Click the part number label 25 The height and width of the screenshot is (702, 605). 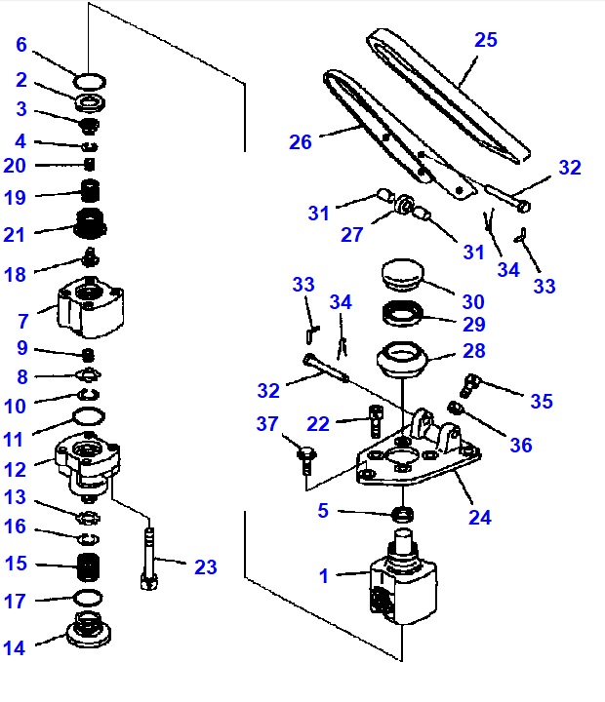coord(486,40)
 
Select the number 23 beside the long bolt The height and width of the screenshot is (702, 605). coord(206,566)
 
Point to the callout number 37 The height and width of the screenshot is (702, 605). coord(268,423)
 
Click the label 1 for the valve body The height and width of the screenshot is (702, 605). coord(324,575)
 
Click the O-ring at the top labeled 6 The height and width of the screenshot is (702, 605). coord(90,80)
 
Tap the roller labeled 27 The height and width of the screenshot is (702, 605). coord(399,205)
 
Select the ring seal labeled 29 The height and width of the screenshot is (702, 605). coord(402,315)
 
